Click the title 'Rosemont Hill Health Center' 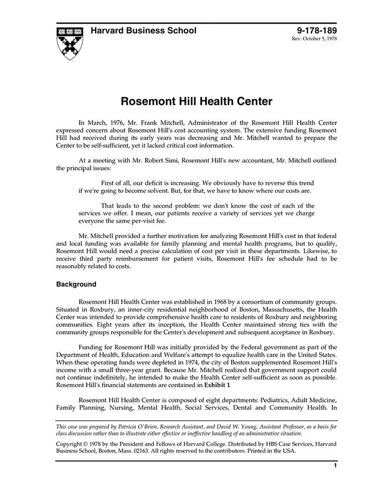pyautogui.click(x=196, y=102)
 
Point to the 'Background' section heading pyautogui.click(x=76, y=285)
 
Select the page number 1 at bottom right pyautogui.click(x=335, y=465)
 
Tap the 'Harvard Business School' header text pyautogui.click(x=143, y=31)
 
